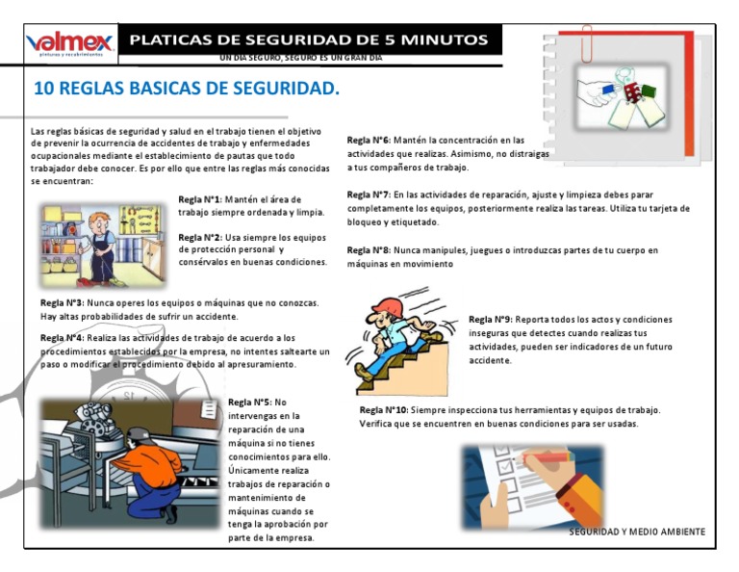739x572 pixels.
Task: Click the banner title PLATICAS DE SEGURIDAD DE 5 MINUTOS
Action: pyautogui.click(x=309, y=40)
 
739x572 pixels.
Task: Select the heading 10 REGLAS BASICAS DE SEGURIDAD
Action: pyautogui.click(x=187, y=90)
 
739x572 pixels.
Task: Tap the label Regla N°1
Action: pyautogui.click(x=199, y=199)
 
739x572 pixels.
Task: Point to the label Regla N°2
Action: pyautogui.click(x=200, y=237)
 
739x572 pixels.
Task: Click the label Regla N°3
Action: pyautogui.click(x=62, y=302)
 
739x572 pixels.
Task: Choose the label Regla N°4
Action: pyautogui.click(x=62, y=338)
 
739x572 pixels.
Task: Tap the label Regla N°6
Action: pyautogui.click(x=368, y=141)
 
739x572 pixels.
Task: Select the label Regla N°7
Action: pyautogui.click(x=368, y=195)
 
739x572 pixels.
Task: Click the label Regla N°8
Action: pyautogui.click(x=368, y=250)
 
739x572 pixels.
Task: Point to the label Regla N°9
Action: pyautogui.click(x=490, y=320)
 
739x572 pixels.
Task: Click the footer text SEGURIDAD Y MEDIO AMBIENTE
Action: pyautogui.click(x=637, y=532)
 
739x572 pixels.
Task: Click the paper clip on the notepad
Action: pyautogui.click(x=586, y=43)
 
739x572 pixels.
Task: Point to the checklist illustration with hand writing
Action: pyautogui.click(x=532, y=486)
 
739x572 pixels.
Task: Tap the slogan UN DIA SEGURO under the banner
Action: pyautogui.click(x=300, y=58)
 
